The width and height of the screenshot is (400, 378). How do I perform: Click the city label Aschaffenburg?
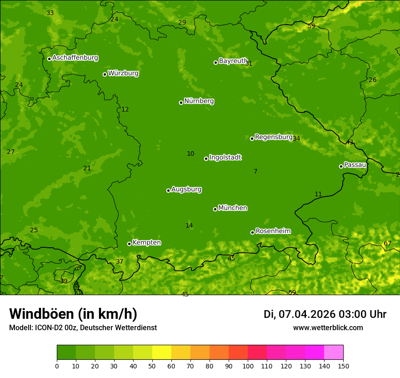coord(75,58)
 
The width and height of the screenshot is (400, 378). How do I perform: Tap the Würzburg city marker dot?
coord(105,74)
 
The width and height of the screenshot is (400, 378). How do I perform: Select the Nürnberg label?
coord(199,101)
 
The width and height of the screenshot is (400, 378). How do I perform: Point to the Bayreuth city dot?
coord(215,62)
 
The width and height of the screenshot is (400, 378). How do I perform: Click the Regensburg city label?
coord(274,137)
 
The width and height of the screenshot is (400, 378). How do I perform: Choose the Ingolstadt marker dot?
coord(206,158)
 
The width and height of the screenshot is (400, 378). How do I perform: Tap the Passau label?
coord(355,165)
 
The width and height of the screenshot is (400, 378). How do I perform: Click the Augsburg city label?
coord(186,189)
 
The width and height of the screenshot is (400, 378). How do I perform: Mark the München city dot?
coord(215,209)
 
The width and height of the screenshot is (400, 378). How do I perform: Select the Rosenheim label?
coord(273,231)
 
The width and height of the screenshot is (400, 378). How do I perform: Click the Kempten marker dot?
coord(129,244)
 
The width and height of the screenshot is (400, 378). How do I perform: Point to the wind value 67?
coord(387,244)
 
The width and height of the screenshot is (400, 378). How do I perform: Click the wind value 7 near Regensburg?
coord(255,172)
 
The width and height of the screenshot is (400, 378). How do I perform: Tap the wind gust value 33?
coord(50,13)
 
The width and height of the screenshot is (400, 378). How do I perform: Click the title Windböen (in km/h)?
coord(73,314)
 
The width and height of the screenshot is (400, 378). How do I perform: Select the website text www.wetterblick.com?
coord(328,328)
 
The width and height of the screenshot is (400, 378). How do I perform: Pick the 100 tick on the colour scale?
coord(248,366)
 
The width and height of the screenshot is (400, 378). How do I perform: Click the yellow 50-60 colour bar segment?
coord(162,352)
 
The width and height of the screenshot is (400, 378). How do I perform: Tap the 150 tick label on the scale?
coord(343,366)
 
